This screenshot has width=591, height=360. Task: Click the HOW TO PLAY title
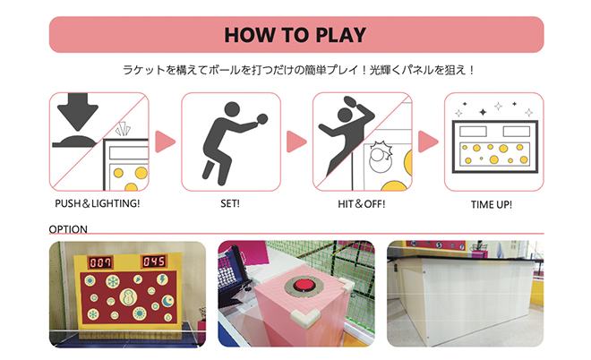[295, 35]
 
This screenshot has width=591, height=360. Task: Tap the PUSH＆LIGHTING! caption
[98, 203]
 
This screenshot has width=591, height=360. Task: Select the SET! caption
[230, 203]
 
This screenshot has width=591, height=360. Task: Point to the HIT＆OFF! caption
[362, 204]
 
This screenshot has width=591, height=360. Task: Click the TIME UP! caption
[492, 204]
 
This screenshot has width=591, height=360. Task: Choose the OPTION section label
[68, 229]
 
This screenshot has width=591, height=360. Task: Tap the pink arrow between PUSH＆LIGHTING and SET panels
[165, 141]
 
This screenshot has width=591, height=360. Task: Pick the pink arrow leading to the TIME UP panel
[428, 141]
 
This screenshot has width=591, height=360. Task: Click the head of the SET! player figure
[232, 109]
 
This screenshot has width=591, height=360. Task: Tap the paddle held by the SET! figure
[261, 119]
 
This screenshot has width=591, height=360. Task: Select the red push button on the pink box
[304, 285]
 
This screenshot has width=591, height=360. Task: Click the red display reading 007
[100, 262]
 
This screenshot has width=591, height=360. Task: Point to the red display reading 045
[154, 261]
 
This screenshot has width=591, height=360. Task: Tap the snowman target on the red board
[128, 297]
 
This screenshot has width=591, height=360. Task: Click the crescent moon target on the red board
[167, 301]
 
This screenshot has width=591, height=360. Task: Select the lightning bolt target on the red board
[162, 279]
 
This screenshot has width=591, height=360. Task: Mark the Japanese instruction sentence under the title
[298, 70]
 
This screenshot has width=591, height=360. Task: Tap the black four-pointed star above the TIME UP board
[483, 112]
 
